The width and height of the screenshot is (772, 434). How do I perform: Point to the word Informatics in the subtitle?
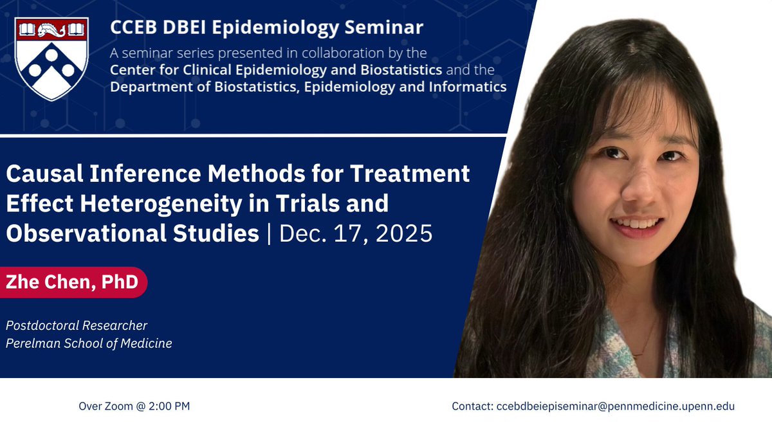pos(468,87)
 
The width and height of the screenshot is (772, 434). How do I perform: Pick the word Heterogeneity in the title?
pos(149,204)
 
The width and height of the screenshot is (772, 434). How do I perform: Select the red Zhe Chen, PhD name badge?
pos(73,282)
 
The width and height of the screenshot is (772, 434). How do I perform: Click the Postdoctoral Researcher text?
pos(77,325)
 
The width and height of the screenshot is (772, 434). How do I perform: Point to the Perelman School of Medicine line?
pos(89,343)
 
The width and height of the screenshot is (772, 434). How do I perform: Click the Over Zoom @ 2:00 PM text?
pos(134,406)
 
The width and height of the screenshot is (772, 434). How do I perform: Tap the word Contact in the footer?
pos(472,406)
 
